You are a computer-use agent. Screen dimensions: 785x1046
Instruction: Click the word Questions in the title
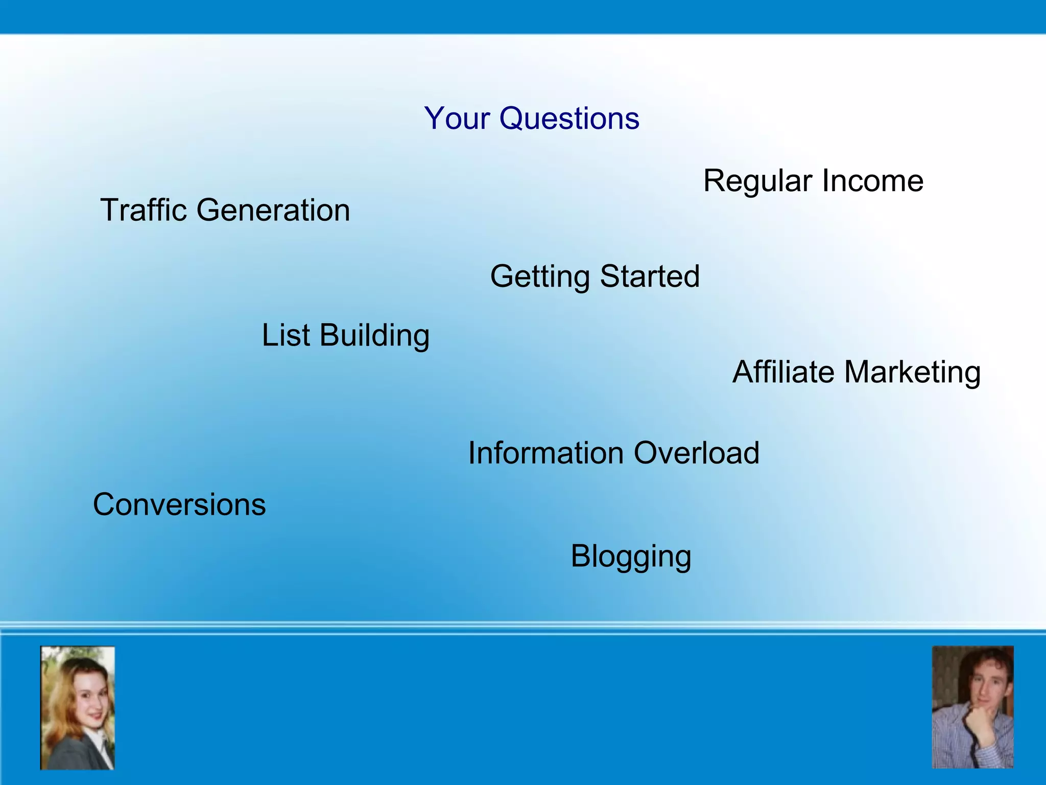[x=569, y=119]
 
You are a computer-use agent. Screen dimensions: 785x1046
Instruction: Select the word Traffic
[x=144, y=210]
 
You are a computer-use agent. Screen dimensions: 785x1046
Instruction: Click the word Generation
[x=273, y=211]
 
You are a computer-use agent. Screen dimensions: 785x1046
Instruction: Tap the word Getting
[x=540, y=277]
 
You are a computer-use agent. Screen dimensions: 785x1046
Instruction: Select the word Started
[x=650, y=276]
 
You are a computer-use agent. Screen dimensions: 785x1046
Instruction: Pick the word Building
[x=375, y=336]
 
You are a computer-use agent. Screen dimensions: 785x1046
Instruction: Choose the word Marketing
[x=912, y=373]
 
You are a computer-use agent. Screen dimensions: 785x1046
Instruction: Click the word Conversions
[x=179, y=505]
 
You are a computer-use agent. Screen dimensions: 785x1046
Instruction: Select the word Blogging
[x=631, y=557]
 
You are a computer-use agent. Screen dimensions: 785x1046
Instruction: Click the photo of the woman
[x=78, y=707]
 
